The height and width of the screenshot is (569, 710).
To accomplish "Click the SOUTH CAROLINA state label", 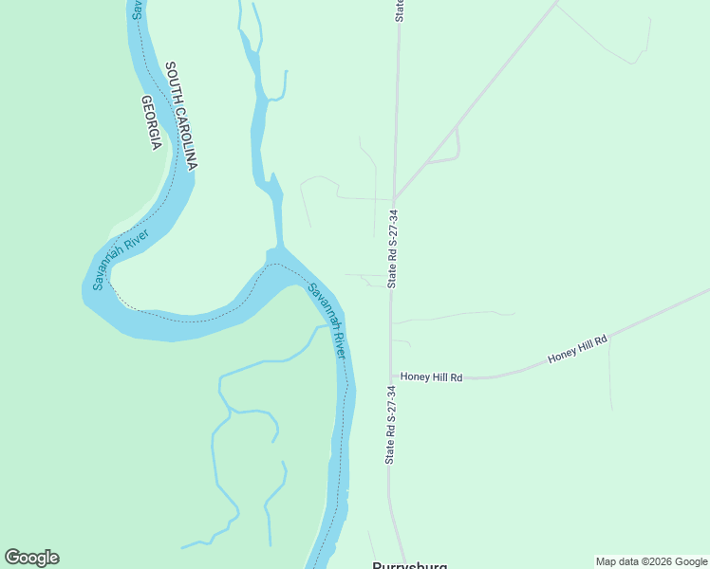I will pyautogui.click(x=180, y=116).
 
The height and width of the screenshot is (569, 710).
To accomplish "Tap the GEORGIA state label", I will pyautogui.click(x=151, y=122).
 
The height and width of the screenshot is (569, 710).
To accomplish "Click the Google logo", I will pyautogui.click(x=31, y=558).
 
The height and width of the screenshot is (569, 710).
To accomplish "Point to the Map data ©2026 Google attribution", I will pyautogui.click(x=651, y=561).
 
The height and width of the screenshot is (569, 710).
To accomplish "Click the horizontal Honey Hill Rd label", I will pyautogui.click(x=431, y=376).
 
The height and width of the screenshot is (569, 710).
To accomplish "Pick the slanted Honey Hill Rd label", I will pyautogui.click(x=576, y=348).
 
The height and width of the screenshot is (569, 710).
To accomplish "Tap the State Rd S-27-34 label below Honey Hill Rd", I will pyautogui.click(x=390, y=424).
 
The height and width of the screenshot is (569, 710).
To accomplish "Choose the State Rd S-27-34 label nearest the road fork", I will pyautogui.click(x=392, y=248).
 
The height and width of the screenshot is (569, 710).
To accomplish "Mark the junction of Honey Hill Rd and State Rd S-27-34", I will pyautogui.click(x=391, y=376).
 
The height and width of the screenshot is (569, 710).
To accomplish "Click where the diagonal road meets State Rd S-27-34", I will pyautogui.click(x=394, y=199).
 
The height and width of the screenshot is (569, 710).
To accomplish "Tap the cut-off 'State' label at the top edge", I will pyautogui.click(x=400, y=9).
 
